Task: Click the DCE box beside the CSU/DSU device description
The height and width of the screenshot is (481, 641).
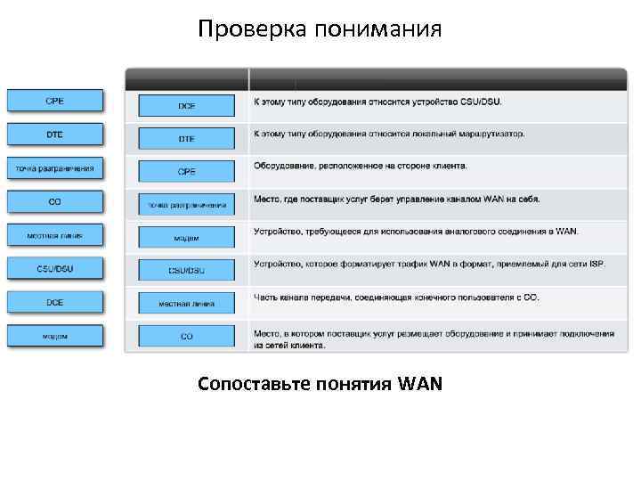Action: click(x=187, y=106)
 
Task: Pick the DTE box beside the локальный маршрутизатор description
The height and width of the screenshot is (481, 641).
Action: click(x=187, y=139)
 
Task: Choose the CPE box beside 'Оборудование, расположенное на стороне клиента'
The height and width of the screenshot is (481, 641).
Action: click(x=187, y=171)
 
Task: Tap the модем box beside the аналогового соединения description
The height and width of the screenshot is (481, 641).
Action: click(x=187, y=238)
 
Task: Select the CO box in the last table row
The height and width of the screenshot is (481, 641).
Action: click(x=187, y=336)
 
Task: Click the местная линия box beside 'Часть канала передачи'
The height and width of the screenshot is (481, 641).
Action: click(x=187, y=304)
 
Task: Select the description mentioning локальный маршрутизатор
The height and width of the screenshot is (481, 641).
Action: click(x=389, y=134)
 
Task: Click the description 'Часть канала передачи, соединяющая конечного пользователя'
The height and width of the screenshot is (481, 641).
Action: click(x=396, y=297)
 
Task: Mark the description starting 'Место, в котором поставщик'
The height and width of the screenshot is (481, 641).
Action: click(x=434, y=338)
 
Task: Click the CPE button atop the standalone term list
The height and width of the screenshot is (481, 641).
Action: click(x=55, y=101)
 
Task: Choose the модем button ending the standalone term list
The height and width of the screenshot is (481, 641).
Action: click(x=55, y=336)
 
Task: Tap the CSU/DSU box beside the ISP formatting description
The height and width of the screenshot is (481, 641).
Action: click(x=187, y=270)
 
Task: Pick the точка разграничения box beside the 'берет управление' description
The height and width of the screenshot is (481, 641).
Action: click(x=187, y=205)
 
